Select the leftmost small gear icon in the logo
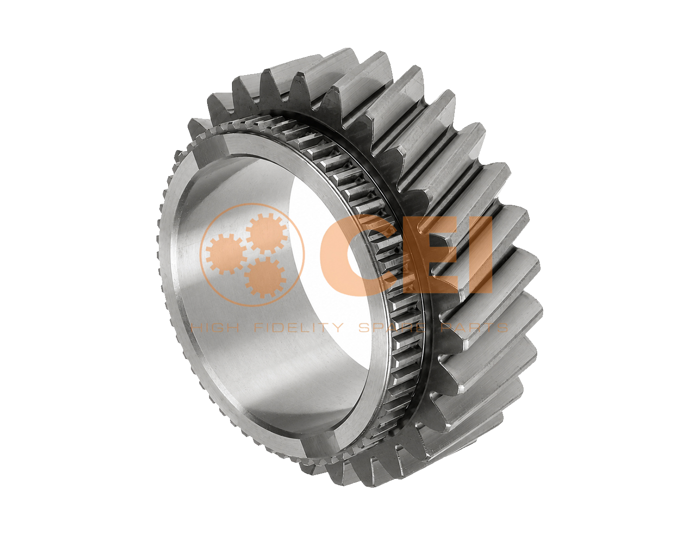[x=227, y=254]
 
